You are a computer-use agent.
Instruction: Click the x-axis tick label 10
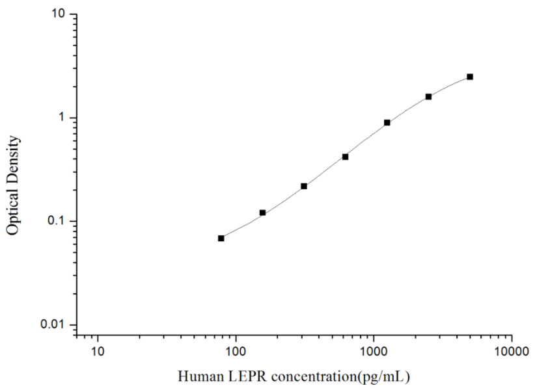(98, 352)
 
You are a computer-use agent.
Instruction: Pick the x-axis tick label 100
(236, 352)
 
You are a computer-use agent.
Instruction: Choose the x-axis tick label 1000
(374, 352)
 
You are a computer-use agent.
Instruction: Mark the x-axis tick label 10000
(511, 352)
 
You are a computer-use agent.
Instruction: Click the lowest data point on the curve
(221, 239)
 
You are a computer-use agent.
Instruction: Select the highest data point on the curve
(470, 77)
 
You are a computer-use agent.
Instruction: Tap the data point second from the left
(262, 213)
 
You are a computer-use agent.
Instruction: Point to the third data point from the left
(304, 186)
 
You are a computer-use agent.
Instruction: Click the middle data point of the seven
(346, 157)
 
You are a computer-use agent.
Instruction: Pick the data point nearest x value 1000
(387, 122)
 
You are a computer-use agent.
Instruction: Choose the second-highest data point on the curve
(428, 97)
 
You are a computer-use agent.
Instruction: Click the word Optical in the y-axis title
(13, 208)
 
